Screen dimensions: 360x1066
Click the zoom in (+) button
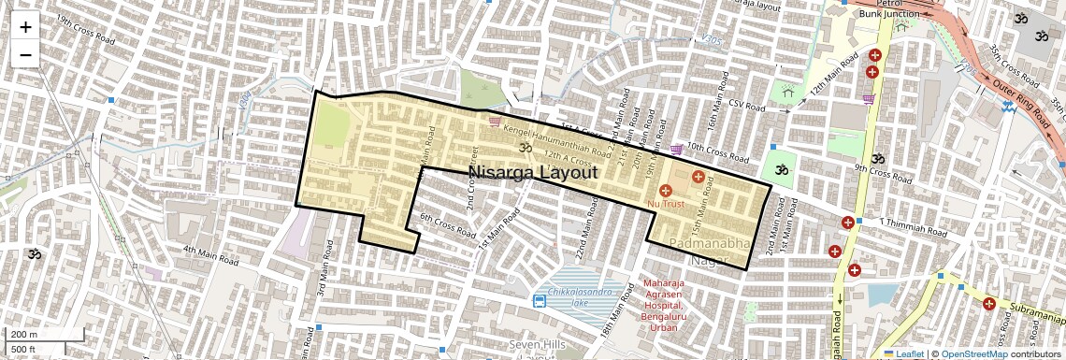coord(25,27)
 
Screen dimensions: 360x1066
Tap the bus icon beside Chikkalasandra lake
coord(540,300)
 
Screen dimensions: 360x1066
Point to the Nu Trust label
coord(666,203)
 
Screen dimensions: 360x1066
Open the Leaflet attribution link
coord(903,353)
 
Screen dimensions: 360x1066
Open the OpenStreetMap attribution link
coord(973,353)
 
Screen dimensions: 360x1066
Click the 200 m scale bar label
coord(24,334)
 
